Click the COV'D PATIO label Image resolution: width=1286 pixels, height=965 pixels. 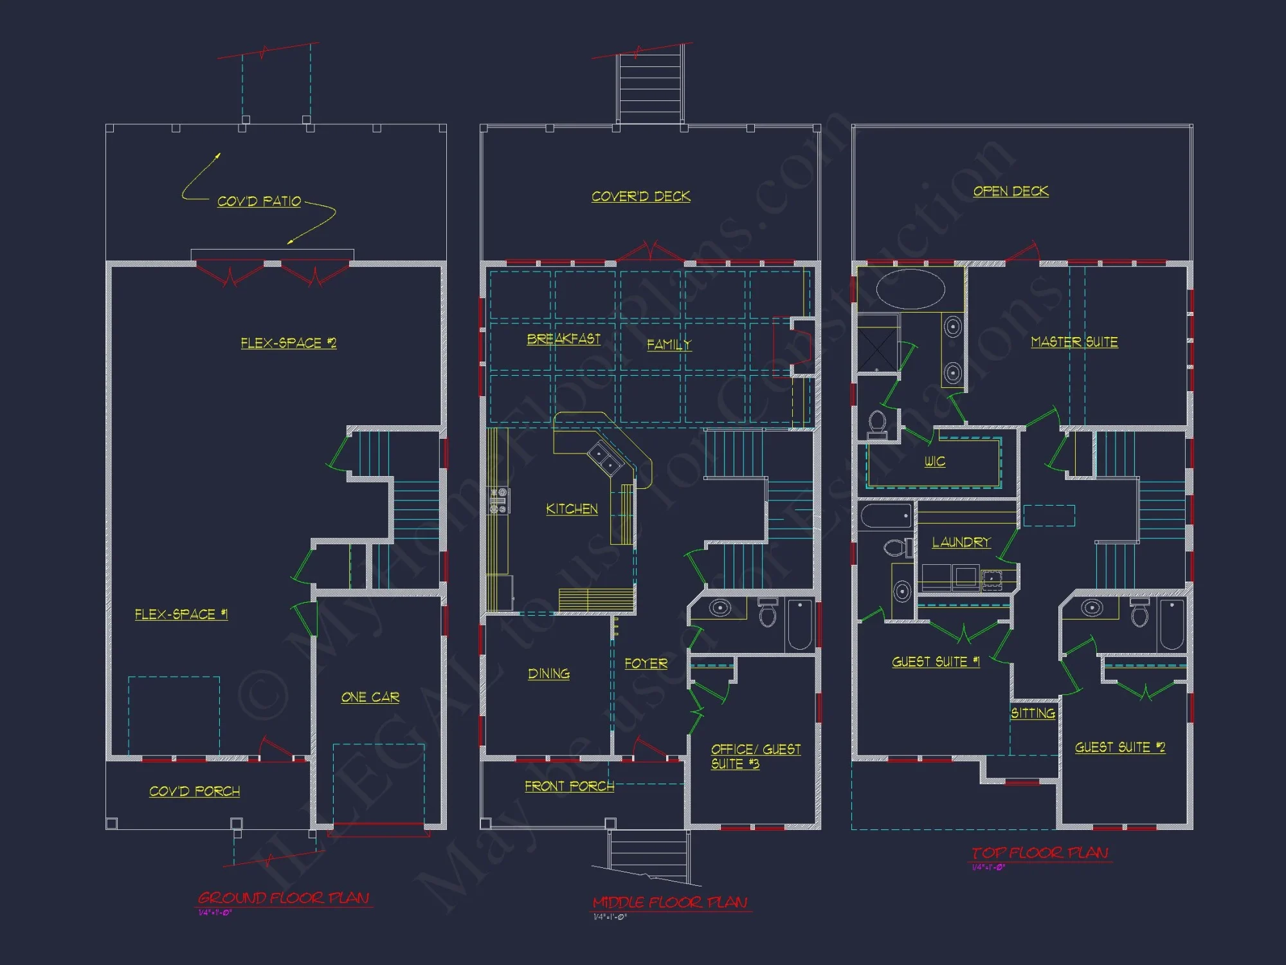[258, 201]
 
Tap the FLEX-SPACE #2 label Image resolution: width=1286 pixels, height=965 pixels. [288, 343]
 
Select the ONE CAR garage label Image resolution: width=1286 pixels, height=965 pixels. [370, 697]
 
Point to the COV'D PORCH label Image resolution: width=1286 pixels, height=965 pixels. [194, 791]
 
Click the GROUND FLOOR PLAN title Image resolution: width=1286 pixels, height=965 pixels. [283, 897]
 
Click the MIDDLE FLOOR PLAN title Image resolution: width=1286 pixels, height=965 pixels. [669, 903]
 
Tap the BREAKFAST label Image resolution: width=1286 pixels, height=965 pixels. [563, 339]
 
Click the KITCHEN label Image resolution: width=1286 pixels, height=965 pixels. [572, 509]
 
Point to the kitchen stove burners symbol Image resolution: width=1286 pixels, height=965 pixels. [498, 501]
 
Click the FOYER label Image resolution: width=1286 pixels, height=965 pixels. [646, 663]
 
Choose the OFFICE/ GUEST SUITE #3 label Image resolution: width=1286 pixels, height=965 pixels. [755, 757]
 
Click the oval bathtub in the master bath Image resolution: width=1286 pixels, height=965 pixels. [910, 289]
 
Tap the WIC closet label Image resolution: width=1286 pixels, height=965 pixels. [934, 461]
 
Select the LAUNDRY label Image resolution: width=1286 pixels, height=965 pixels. [961, 542]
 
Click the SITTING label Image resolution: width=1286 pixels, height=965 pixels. [1033, 713]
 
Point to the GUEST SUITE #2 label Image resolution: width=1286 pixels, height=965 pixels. [1119, 747]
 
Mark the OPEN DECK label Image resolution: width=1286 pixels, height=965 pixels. [1010, 191]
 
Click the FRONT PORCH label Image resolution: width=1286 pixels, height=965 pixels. [569, 786]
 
